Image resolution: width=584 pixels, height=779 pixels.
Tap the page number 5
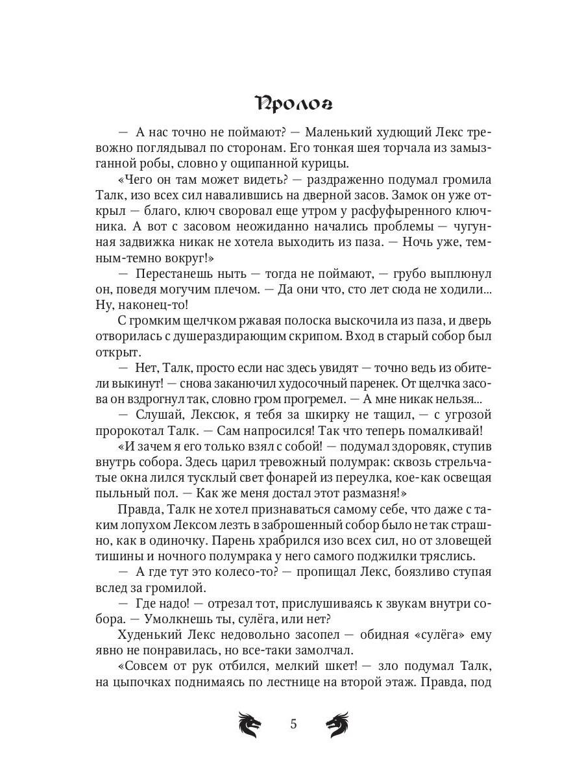[293, 724]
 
